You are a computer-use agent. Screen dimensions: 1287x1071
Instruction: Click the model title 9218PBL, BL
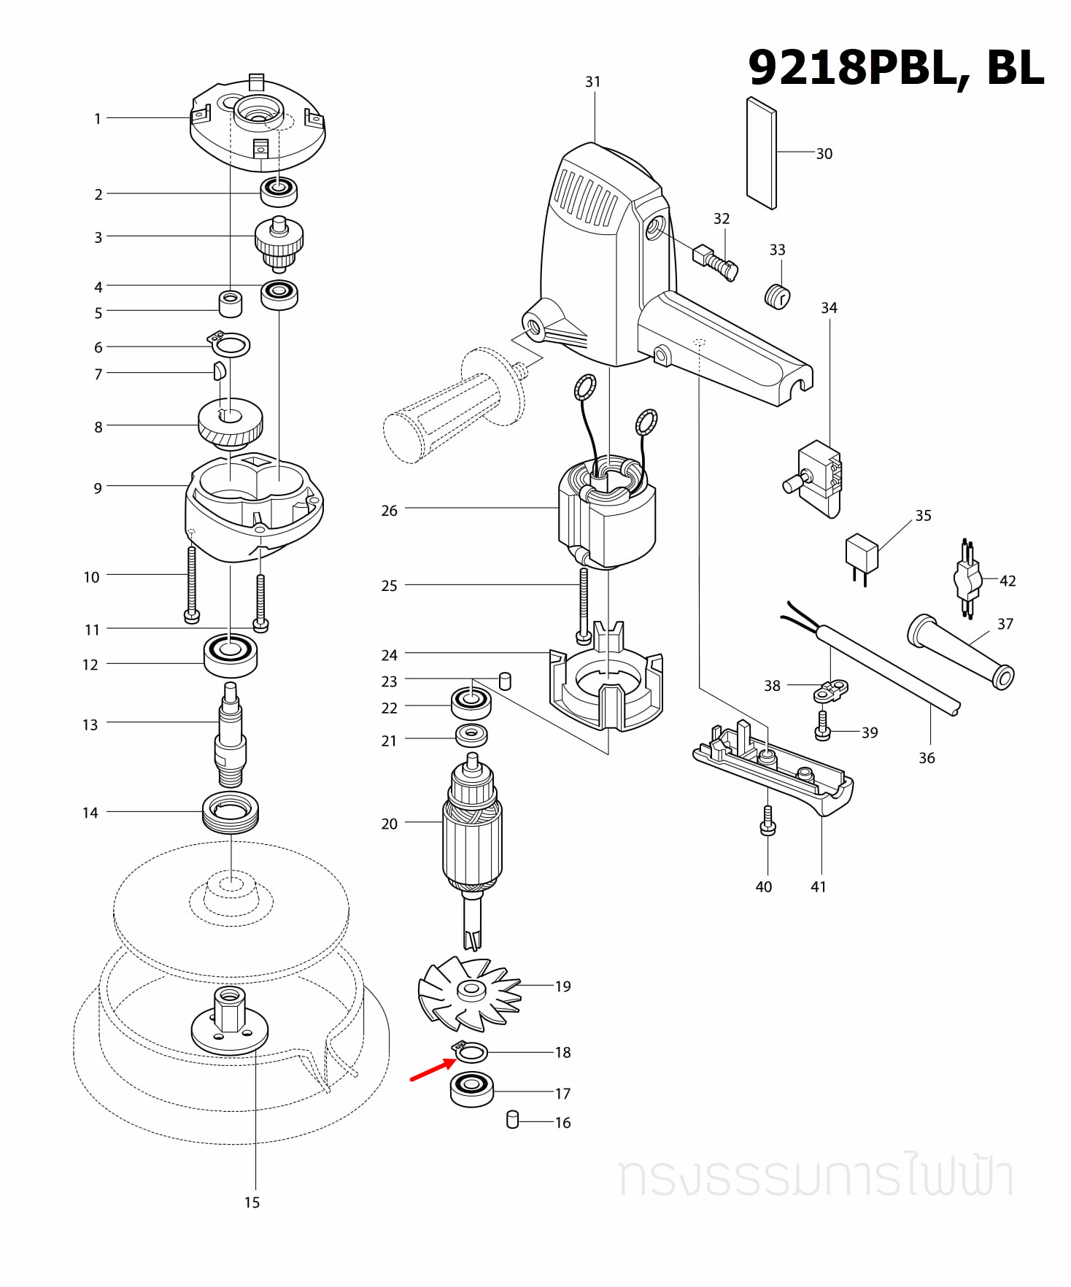coord(895,68)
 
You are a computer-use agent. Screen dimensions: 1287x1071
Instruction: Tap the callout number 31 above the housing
coord(592,82)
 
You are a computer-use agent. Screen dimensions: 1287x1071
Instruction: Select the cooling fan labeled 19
coord(470,992)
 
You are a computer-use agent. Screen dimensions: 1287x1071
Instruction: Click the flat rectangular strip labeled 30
coord(762,153)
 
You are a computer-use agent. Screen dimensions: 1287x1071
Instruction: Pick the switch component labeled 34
coord(819,478)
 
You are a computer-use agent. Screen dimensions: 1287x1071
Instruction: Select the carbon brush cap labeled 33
coord(777,296)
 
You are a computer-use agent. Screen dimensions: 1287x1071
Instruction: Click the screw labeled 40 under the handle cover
coord(768,822)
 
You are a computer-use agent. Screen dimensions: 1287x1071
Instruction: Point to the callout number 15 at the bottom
coord(252,1202)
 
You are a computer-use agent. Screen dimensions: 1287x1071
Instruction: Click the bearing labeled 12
coord(231,655)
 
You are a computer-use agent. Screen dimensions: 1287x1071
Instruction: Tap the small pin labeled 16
coord(512,1119)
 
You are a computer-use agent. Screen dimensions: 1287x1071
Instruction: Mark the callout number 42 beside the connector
coord(1008,581)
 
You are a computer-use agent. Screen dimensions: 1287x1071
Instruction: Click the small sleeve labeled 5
coord(231,304)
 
